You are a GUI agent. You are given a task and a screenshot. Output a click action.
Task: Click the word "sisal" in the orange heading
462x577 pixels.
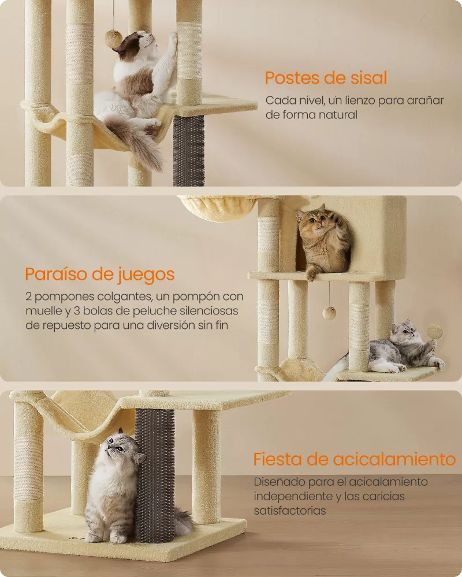click(364, 78)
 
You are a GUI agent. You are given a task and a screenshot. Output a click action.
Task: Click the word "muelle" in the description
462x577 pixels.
click(43, 311)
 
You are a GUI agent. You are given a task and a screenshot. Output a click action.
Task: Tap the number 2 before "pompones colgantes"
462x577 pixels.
click(28, 297)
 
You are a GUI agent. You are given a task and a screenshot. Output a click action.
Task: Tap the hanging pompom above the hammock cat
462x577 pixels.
click(113, 39)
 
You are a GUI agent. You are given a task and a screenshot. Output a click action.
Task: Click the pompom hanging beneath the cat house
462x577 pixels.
click(329, 313)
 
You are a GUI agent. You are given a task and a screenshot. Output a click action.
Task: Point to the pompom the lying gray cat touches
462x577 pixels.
click(434, 331)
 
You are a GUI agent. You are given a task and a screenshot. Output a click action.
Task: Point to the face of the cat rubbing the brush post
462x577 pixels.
click(118, 447)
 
